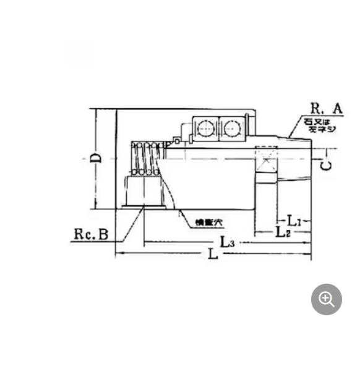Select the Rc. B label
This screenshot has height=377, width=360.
click(92, 234)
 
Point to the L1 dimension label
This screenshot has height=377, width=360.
click(294, 221)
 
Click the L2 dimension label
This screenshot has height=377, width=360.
click(283, 232)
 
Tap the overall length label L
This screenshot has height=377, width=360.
click(213, 255)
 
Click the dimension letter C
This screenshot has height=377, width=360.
click(327, 165)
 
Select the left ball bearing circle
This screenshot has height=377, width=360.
click(204, 129)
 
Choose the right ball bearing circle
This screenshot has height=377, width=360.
click(231, 129)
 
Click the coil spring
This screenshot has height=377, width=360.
click(147, 159)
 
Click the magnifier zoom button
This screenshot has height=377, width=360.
click(326, 300)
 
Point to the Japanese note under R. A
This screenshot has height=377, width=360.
click(320, 125)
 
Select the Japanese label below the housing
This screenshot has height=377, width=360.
click(208, 222)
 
